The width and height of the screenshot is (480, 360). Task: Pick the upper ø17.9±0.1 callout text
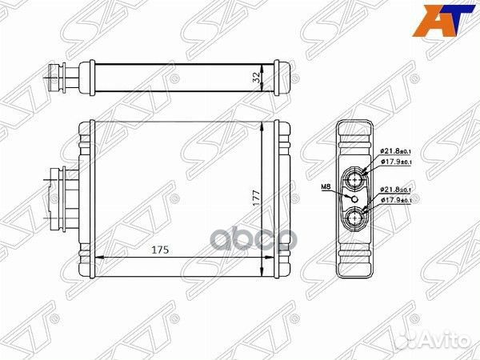click(394, 162)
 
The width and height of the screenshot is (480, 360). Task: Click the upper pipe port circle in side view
click(356, 177)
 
